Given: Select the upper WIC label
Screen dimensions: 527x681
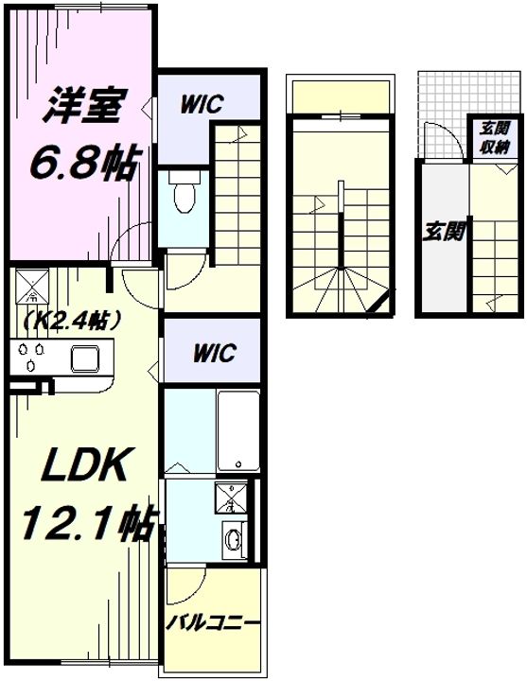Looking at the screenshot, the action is click(202, 104).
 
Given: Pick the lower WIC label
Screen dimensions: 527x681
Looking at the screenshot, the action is click(215, 353).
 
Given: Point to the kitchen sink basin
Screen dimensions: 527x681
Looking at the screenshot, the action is click(85, 358).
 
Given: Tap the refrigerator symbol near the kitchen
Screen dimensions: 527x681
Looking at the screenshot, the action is click(33, 287).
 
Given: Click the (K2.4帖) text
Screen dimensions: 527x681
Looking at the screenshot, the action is click(72, 321).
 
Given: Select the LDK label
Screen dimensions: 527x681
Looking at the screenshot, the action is click(85, 463).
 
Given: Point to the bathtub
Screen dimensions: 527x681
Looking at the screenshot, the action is click(238, 431).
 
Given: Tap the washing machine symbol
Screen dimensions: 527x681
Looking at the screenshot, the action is click(230, 498).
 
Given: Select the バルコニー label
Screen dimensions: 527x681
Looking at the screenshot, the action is click(214, 623).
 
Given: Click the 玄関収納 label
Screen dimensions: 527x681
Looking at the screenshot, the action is click(495, 138).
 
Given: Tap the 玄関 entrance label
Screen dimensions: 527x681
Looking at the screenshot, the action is click(443, 231).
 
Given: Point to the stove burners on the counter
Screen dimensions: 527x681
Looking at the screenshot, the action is click(29, 354).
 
